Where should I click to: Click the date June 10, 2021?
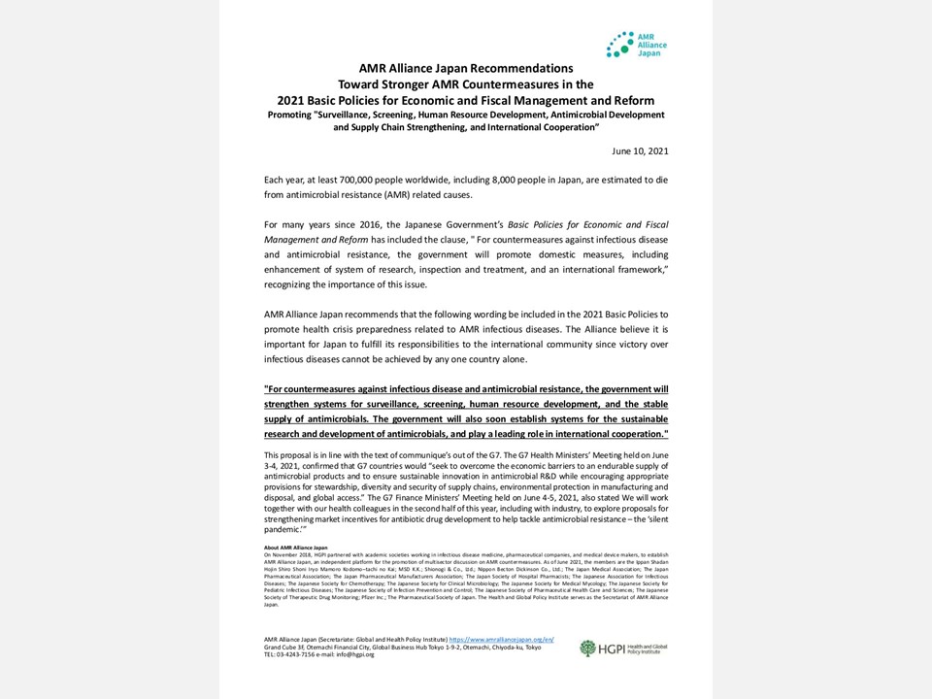tap(640, 151)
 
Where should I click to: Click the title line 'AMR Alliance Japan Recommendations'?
tap(466, 69)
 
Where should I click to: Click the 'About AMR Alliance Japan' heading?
tap(296, 548)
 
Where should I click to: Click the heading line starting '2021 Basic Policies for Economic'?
tap(466, 100)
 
